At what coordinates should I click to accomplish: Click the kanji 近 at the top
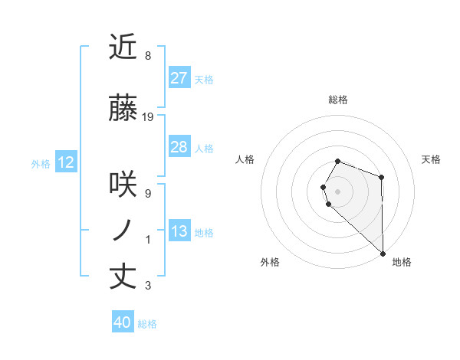click(123, 48)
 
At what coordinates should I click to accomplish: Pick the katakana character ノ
click(123, 230)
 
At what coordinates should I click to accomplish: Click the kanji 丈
click(123, 277)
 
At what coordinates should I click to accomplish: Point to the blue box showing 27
click(179, 78)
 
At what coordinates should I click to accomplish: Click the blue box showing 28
click(179, 147)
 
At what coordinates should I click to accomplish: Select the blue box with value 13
click(179, 231)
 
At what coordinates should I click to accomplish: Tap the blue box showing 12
click(65, 162)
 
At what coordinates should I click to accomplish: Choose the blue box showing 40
click(122, 322)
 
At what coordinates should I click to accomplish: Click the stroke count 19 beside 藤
click(148, 116)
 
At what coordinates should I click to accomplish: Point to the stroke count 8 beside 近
click(147, 57)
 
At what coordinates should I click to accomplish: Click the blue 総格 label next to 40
click(147, 324)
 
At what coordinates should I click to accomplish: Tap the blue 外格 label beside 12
click(40, 163)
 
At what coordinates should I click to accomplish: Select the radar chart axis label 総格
click(337, 100)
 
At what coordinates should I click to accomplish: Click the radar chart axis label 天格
click(431, 159)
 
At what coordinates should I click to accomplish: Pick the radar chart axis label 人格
click(245, 159)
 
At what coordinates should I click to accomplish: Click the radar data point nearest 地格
click(383, 252)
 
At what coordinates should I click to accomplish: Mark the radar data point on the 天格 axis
click(381, 177)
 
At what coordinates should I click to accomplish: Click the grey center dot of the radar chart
click(337, 191)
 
